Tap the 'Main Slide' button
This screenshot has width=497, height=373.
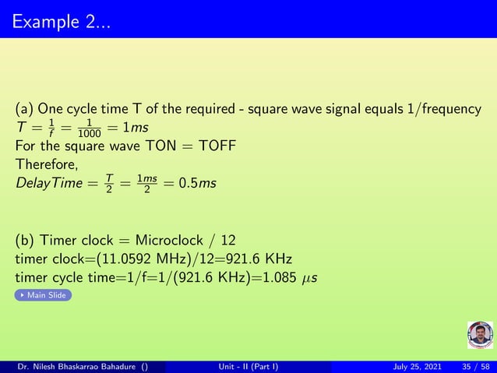44,295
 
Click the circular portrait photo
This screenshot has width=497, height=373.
480,335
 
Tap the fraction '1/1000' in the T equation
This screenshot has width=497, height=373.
94,128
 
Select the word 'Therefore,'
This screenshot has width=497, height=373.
44,164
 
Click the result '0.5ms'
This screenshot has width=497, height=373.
196,183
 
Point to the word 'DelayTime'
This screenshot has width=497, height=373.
46,183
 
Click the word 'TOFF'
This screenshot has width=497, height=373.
217,146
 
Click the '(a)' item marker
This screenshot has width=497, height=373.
24,109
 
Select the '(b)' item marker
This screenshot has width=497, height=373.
25,240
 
